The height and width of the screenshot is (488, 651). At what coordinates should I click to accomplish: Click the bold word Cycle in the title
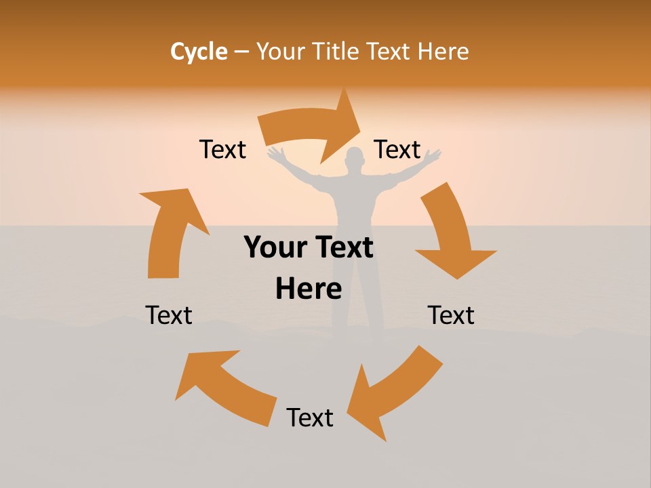tap(199, 52)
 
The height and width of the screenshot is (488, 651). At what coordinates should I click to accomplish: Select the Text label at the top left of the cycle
tap(222, 150)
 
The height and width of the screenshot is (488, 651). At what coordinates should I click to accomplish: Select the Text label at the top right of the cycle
tap(397, 150)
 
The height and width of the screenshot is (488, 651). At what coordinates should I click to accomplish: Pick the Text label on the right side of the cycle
tap(451, 315)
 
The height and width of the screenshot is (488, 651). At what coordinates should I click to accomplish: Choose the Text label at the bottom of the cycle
tap(310, 418)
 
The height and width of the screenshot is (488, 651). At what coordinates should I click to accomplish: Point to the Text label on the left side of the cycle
tap(169, 315)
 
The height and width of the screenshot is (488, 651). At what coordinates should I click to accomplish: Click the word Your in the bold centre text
tap(275, 248)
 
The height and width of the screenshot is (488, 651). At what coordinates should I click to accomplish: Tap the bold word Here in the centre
tap(309, 289)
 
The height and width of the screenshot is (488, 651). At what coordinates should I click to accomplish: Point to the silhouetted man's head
tap(354, 161)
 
